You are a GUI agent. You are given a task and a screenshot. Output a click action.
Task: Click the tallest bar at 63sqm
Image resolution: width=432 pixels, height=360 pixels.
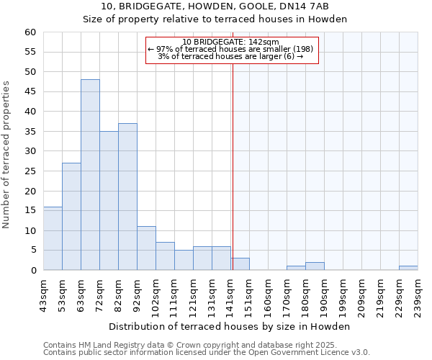point(90,175)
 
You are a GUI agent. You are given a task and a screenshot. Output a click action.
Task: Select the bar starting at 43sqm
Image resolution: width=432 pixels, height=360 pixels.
point(53,238)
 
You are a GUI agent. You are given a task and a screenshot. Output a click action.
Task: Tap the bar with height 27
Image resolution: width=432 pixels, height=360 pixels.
point(71,217)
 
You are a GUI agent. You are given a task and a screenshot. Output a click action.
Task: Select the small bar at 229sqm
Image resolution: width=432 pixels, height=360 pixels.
point(408,268)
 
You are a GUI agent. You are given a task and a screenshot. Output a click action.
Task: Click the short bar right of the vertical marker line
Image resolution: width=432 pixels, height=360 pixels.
point(240,264)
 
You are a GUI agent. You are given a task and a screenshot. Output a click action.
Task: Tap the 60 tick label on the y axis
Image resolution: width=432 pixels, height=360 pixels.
point(30,32)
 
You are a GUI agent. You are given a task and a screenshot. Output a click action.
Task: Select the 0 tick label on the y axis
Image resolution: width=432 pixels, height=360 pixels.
point(32,271)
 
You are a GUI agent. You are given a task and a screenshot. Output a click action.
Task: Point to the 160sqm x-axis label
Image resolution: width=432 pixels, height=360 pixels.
point(269,294)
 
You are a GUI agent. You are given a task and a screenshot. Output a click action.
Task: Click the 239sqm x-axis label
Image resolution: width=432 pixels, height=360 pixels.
point(418,294)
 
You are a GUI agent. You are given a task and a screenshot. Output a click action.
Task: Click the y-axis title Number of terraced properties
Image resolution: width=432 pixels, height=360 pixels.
point(6,154)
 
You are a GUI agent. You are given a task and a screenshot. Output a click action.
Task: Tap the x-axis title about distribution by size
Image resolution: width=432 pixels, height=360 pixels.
point(230,326)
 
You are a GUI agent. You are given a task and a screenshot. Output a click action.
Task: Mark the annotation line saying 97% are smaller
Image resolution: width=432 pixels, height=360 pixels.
point(230,49)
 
